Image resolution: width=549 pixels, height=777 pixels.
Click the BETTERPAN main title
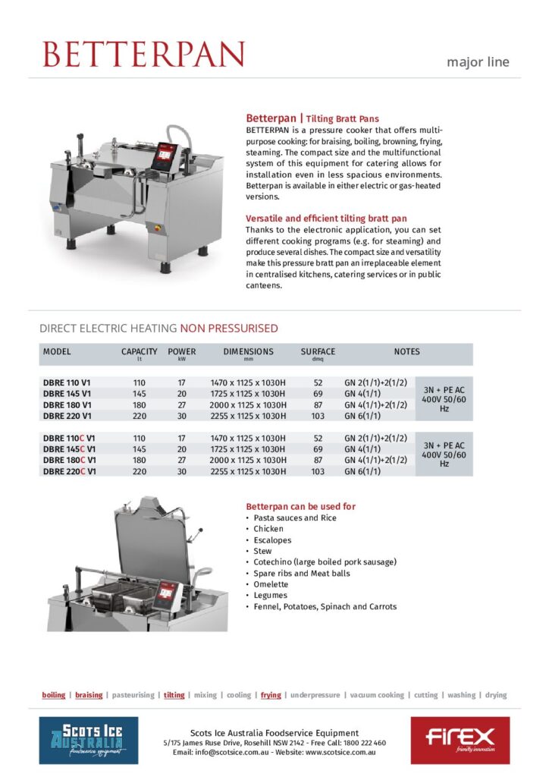(144, 54)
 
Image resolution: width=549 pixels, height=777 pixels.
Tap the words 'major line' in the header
(478, 62)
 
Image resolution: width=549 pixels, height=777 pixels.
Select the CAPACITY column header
(140, 352)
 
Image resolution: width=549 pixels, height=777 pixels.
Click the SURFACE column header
(318, 352)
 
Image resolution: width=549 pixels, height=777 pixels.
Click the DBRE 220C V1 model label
(70, 471)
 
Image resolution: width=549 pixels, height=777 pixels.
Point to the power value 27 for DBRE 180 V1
(181, 405)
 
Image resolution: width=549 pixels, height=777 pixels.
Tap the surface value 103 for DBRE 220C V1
(318, 471)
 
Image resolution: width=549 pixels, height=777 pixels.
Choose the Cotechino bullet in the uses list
(325, 562)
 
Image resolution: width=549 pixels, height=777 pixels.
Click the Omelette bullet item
(271, 584)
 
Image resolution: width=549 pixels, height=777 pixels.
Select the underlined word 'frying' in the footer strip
(271, 695)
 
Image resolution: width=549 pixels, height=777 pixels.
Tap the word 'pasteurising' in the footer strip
(133, 695)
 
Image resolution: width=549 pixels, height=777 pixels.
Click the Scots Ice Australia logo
(89, 740)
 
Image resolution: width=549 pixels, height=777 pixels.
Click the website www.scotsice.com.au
(339, 752)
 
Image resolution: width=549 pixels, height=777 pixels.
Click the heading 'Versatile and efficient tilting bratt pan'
(326, 219)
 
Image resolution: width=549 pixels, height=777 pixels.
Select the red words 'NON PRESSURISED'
(229, 329)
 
